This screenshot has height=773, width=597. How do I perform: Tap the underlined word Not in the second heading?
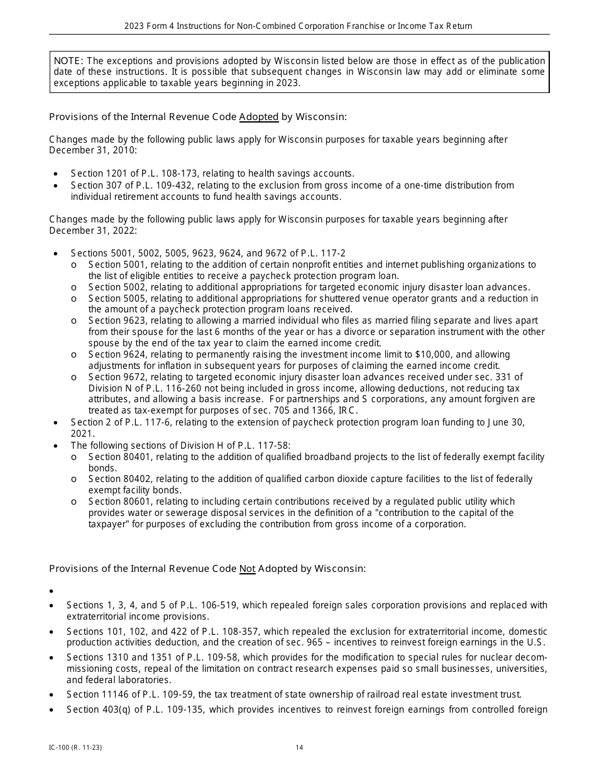click(247, 569)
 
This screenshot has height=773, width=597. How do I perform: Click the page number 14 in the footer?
click(299, 747)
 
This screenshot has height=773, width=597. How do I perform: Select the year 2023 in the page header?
click(135, 26)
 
